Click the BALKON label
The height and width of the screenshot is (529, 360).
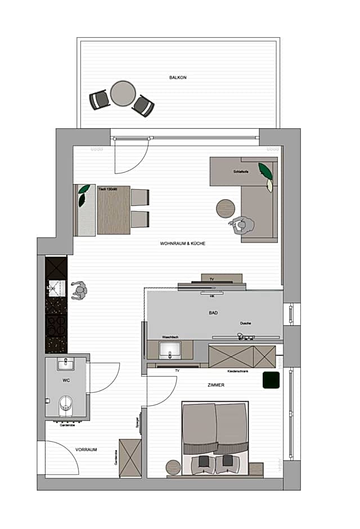[178, 77]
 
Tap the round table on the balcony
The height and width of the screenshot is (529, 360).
[123, 93]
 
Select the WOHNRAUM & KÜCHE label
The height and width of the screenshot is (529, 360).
[182, 244]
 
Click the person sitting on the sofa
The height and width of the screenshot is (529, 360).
[243, 226]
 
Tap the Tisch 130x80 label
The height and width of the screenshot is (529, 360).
[107, 189]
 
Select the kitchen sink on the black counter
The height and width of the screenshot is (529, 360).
[56, 288]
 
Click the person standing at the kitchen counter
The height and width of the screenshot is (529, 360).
[79, 291]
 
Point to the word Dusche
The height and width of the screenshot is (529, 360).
[245, 324]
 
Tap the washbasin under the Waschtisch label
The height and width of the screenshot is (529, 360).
[169, 349]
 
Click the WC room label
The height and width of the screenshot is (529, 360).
[66, 380]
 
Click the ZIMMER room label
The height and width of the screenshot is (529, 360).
[215, 385]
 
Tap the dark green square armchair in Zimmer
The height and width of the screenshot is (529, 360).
[272, 380]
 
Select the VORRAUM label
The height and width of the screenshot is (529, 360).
[87, 450]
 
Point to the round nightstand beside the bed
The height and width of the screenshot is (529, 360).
[173, 467]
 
